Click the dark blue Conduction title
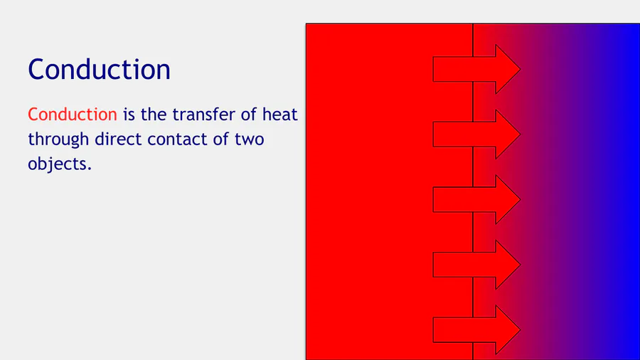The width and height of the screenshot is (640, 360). click(x=99, y=70)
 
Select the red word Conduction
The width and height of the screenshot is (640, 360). click(x=73, y=115)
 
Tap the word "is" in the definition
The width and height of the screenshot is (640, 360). click(x=129, y=115)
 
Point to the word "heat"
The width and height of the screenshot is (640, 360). click(x=279, y=115)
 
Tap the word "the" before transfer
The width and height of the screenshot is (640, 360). click(x=154, y=115)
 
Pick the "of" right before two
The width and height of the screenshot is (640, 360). click(x=220, y=139)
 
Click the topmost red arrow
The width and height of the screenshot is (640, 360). click(x=476, y=70)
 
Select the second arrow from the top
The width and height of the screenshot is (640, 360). click(x=476, y=134)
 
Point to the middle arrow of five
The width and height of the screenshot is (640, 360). click(x=476, y=200)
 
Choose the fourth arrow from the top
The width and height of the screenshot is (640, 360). click(x=476, y=265)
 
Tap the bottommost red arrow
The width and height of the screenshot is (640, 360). click(x=476, y=330)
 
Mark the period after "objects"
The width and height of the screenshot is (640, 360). click(x=90, y=169)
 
